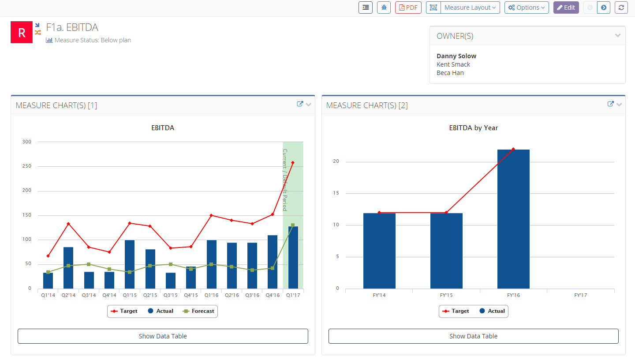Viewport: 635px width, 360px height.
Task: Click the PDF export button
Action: coord(408,7)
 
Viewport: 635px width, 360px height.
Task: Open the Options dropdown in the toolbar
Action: coord(526,7)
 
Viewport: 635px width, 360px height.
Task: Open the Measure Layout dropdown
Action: coord(470,7)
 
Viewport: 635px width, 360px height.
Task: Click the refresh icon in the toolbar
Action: coord(621,7)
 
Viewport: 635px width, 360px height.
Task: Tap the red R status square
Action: coord(22,32)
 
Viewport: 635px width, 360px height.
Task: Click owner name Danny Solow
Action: coord(456,56)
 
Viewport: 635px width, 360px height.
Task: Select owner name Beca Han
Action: coord(450,73)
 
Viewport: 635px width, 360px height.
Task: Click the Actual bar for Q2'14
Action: coord(68,268)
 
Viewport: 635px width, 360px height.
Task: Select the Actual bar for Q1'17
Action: coord(293,258)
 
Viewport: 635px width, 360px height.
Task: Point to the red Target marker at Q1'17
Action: coord(293,163)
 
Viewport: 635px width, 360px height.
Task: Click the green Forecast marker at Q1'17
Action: coord(293,225)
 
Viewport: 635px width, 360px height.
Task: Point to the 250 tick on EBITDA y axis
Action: coord(27,166)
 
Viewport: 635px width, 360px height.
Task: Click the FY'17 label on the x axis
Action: coord(580,295)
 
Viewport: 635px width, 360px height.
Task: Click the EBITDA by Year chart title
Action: coord(473,128)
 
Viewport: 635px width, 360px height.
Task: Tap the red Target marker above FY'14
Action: coord(379,213)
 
